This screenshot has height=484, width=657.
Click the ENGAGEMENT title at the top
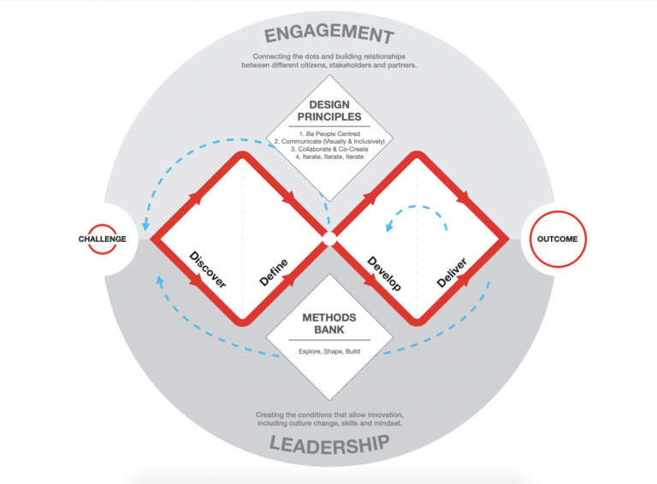(x=329, y=33)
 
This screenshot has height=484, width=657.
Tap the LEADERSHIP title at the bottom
(x=329, y=445)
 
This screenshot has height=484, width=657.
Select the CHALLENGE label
(x=103, y=239)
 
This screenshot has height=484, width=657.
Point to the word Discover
(x=208, y=269)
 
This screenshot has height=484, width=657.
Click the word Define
(x=274, y=273)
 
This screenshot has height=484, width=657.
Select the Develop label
(x=384, y=274)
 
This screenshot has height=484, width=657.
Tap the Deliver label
(x=452, y=273)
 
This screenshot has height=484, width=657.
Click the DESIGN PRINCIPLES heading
(x=329, y=110)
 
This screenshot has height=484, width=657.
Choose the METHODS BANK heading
(x=329, y=323)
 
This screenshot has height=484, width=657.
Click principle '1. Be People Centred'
(x=329, y=134)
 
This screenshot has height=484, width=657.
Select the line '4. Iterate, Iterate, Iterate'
(x=329, y=156)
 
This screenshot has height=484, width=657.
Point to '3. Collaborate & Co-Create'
(x=329, y=149)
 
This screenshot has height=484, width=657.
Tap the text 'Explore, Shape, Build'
(x=329, y=351)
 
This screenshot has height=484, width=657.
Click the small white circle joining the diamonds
(x=329, y=239)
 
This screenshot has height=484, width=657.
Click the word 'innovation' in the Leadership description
(x=386, y=415)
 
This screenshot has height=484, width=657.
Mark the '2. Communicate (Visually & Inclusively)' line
(x=329, y=141)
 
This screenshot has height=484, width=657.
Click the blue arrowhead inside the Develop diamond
(x=389, y=227)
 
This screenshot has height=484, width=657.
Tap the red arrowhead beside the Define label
(x=291, y=280)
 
